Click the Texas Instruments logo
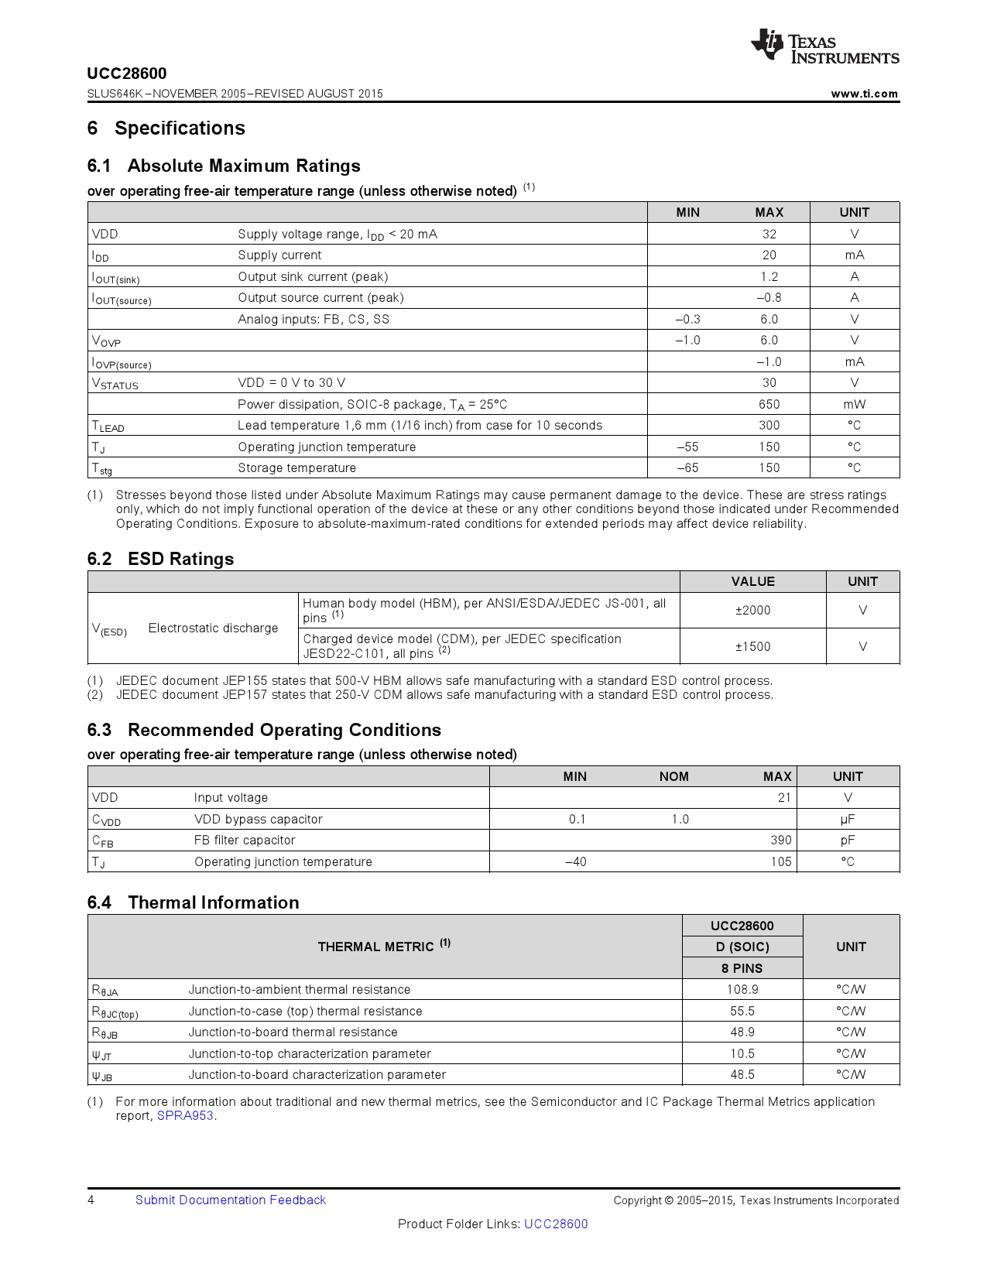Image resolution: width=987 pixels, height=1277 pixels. [824, 47]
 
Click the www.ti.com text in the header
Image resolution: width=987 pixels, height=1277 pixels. [864, 94]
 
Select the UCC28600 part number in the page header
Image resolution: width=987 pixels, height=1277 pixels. [127, 74]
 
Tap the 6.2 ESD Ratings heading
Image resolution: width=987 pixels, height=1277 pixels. [160, 559]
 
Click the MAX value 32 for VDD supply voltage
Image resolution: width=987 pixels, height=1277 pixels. [769, 234]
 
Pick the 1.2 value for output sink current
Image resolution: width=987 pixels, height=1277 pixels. [769, 276]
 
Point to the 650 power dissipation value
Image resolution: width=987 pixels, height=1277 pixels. [769, 404]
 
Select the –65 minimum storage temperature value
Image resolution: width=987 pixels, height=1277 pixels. [687, 467]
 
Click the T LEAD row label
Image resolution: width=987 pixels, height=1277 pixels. [108, 426]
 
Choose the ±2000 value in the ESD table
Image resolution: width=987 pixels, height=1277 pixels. [752, 610]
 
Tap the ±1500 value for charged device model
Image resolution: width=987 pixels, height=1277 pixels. [752, 646]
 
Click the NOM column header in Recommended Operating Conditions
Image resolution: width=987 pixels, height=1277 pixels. [673, 776]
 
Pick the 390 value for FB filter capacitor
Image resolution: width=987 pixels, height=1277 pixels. [780, 840]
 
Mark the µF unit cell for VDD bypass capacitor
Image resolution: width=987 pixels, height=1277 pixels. [848, 819]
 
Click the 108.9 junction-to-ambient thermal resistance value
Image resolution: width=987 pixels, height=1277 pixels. [742, 989]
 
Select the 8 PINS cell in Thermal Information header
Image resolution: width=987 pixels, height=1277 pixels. [742, 968]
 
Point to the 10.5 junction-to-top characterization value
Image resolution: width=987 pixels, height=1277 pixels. [742, 1053]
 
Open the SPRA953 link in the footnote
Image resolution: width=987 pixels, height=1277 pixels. [185, 1115]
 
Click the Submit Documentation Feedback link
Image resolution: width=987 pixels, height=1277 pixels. [231, 1200]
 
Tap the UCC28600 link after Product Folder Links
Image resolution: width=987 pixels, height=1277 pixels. [556, 1224]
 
